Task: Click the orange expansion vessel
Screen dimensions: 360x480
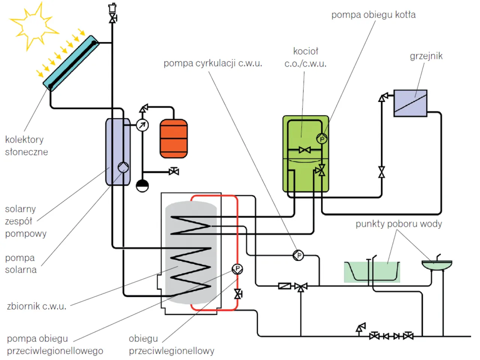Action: point(174,138)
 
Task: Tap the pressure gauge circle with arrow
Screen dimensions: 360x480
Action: point(142,125)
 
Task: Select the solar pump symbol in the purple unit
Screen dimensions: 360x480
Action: point(123,167)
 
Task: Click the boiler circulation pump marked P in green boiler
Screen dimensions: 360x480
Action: point(322,139)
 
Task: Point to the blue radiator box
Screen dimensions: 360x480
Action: point(410,103)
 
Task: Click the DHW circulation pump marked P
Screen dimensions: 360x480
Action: point(298,256)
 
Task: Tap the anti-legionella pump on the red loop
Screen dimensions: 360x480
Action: point(237,268)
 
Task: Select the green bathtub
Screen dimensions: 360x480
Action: point(372,271)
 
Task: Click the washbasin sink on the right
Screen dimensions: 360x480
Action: point(437,265)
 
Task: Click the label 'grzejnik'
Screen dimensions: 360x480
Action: point(426,56)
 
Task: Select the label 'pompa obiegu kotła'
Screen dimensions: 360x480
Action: point(373,15)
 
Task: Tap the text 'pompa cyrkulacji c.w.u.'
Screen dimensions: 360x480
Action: point(213,63)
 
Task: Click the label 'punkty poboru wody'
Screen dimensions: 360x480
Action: point(399,224)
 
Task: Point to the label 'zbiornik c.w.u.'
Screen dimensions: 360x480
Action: point(37,306)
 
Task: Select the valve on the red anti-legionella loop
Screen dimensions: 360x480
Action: point(238,294)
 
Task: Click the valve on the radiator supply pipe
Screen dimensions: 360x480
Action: point(381,172)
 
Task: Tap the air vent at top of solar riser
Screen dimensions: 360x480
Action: point(112,8)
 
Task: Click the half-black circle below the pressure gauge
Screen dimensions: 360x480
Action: point(142,186)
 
